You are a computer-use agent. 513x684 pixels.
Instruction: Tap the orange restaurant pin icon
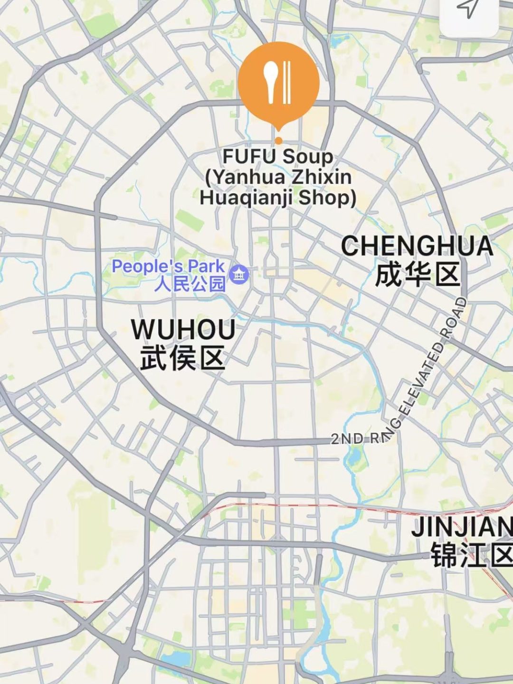[278, 83]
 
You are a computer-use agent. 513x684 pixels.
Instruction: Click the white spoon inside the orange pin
[271, 81]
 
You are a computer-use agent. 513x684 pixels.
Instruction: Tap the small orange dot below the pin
[278, 140]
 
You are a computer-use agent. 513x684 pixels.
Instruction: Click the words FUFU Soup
[278, 157]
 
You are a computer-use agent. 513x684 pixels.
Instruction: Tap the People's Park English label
[168, 266]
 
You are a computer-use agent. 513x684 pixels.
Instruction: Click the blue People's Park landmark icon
[238, 275]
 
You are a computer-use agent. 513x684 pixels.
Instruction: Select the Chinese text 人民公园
[190, 284]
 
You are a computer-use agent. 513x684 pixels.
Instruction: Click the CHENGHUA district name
[417, 246]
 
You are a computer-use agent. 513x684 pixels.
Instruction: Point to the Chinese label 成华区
[417, 275]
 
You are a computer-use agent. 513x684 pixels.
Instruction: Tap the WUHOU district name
[183, 330]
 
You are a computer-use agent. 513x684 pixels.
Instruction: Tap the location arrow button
[469, 9]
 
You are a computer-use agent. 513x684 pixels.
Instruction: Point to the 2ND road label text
[347, 438]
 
